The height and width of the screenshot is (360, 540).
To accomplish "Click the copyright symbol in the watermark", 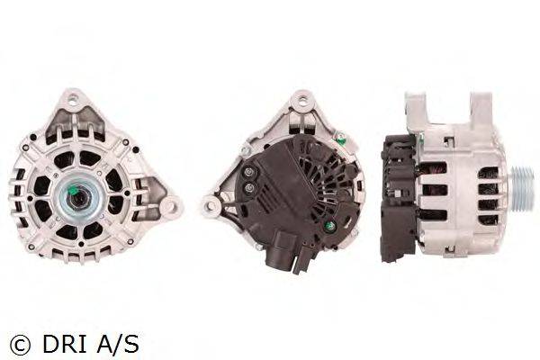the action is pyautogui.click(x=20, y=344).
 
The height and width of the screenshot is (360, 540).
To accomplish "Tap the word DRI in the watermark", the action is pyautogui.click(x=65, y=344).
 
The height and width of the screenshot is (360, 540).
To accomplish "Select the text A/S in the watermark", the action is pyautogui.click(x=118, y=344).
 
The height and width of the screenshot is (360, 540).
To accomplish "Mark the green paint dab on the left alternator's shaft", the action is pyautogui.click(x=75, y=190).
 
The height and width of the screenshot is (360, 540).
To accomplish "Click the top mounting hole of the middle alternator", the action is pyautogui.click(x=302, y=102).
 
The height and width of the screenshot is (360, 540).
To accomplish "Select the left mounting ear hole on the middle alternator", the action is pyautogui.click(x=209, y=206).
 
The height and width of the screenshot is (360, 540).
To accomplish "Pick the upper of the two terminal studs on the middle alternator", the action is pyautogui.click(x=249, y=173).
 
